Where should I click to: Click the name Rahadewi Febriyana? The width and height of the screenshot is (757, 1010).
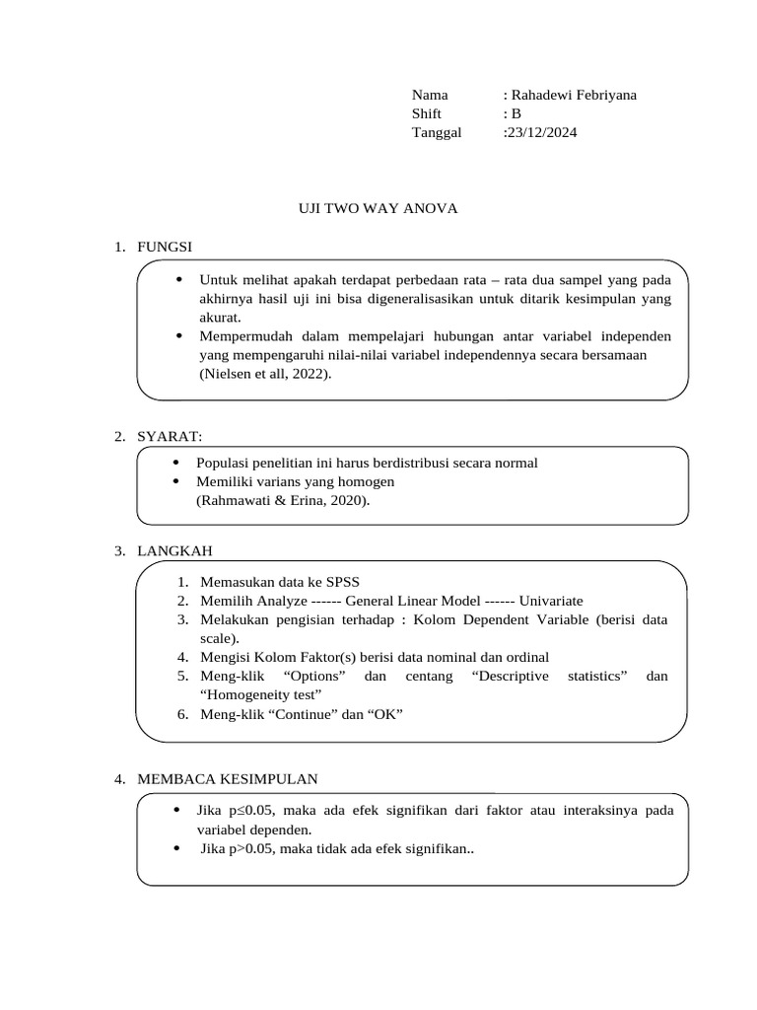coord(573,95)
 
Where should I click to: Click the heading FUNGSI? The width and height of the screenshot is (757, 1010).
coord(167,246)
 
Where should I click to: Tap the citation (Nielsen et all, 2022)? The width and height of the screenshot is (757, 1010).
coord(265,374)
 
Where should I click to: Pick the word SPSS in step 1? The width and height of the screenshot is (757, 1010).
coord(356,581)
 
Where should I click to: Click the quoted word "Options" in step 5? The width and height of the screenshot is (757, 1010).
coord(313,676)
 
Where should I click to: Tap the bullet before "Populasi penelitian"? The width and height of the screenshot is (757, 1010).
coord(176,463)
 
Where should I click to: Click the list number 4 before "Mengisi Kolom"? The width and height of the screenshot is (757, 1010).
coord(182,657)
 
